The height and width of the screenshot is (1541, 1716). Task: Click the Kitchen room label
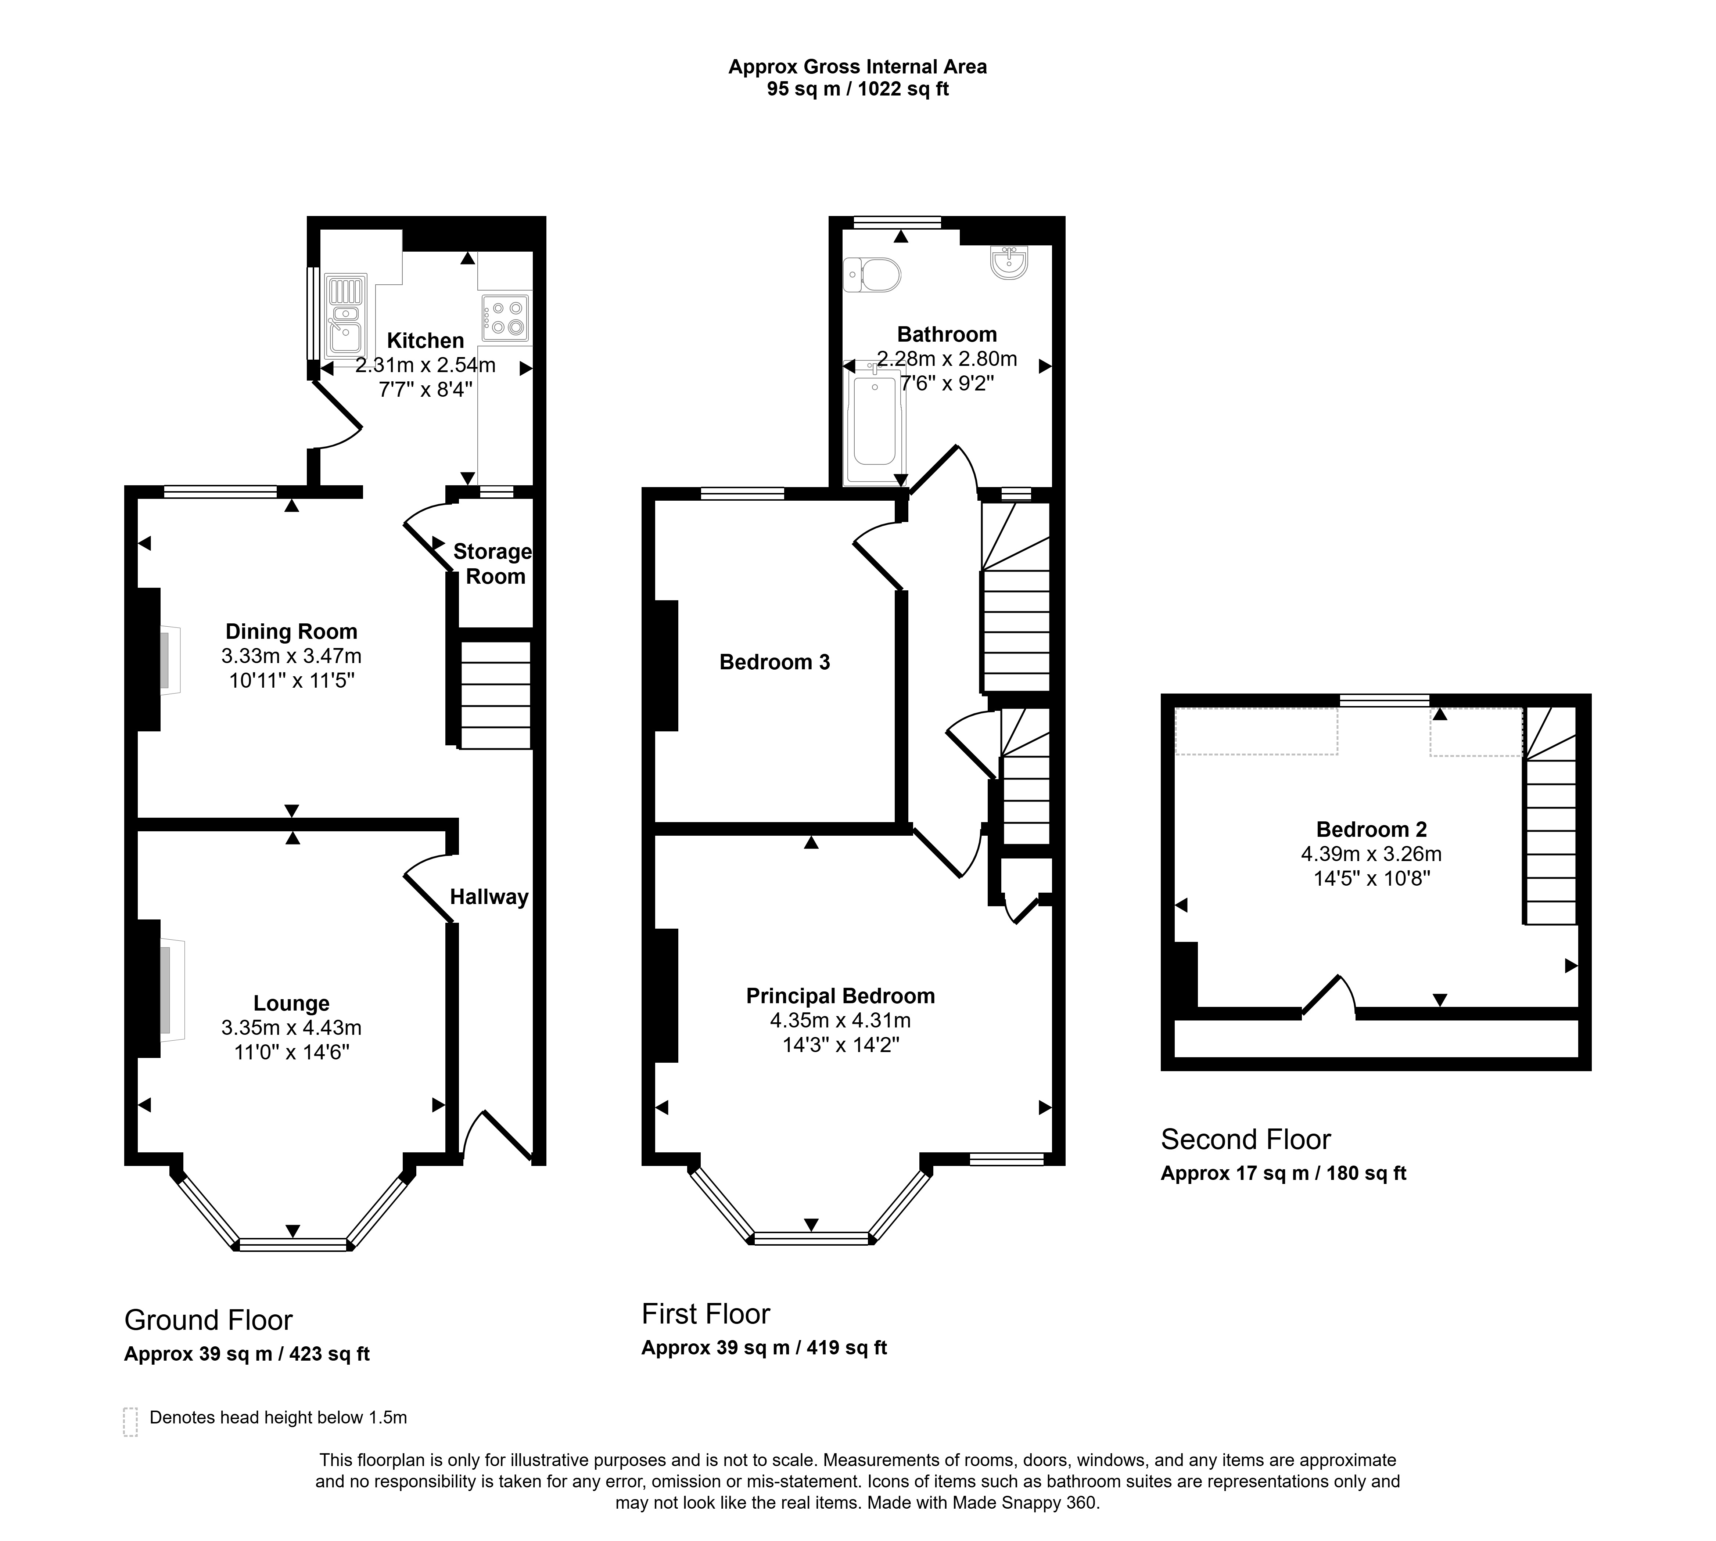coord(425,341)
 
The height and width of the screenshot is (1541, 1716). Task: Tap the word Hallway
coord(489,897)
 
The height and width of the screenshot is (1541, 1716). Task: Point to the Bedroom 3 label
coord(774,662)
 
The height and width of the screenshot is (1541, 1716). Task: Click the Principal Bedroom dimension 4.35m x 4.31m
coord(840,1020)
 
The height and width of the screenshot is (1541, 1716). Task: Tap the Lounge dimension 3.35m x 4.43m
coord(291,1028)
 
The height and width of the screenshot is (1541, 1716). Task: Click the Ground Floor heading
coord(208,1320)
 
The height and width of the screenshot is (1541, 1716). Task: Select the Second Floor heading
coord(1245,1139)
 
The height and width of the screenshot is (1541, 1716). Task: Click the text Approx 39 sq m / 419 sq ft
coord(764,1347)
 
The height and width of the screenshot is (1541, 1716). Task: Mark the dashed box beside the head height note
coord(130,1422)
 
